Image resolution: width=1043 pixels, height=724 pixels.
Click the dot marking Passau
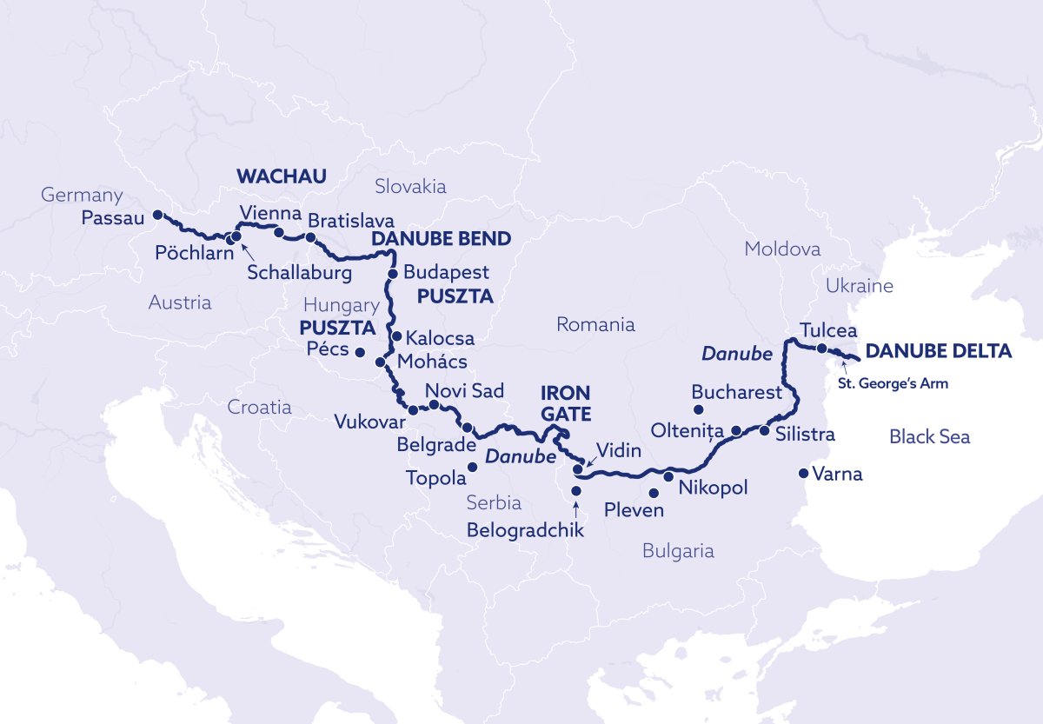pos(157,215)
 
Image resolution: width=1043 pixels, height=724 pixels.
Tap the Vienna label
pos(269,214)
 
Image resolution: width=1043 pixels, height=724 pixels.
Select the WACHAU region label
pos(281,177)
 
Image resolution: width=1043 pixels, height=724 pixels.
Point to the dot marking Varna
pos(803,474)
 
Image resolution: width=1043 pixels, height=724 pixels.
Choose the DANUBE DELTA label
pos(939,352)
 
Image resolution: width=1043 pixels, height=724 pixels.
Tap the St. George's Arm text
pos(893,382)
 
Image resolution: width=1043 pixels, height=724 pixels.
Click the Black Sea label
pos(929,437)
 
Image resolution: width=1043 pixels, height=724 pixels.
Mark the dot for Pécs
pos(358,351)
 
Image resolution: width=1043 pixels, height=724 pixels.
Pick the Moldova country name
pos(782,249)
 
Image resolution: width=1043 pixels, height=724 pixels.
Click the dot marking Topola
pos(473,468)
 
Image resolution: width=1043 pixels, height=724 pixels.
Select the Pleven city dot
pos(654,493)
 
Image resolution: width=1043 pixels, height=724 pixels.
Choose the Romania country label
pos(595,325)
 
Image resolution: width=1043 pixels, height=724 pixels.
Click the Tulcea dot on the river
pos(821,349)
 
